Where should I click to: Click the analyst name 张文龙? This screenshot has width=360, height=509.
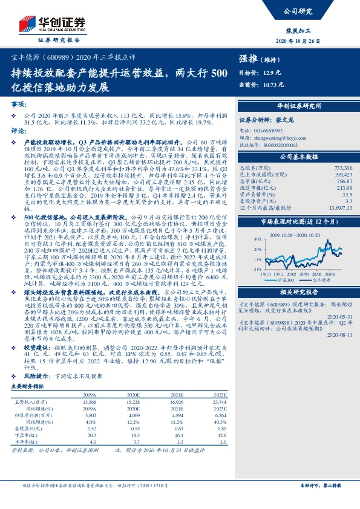pyautogui.click(x=284, y=120)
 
